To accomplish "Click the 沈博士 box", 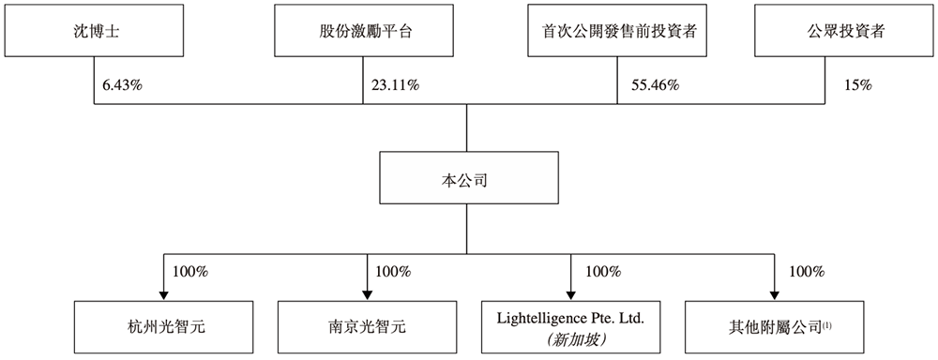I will coord(95,31).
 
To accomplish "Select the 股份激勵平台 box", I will coord(360,31).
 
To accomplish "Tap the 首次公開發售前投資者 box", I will coord(615,31).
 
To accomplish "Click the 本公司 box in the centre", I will coord(466,177).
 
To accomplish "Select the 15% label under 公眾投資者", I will coord(857,85).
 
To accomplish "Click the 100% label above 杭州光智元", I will coord(190,272).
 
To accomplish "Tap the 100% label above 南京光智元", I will coord(393,272).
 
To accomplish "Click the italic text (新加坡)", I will coord(571,337).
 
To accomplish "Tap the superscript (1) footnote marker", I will coord(827,323).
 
